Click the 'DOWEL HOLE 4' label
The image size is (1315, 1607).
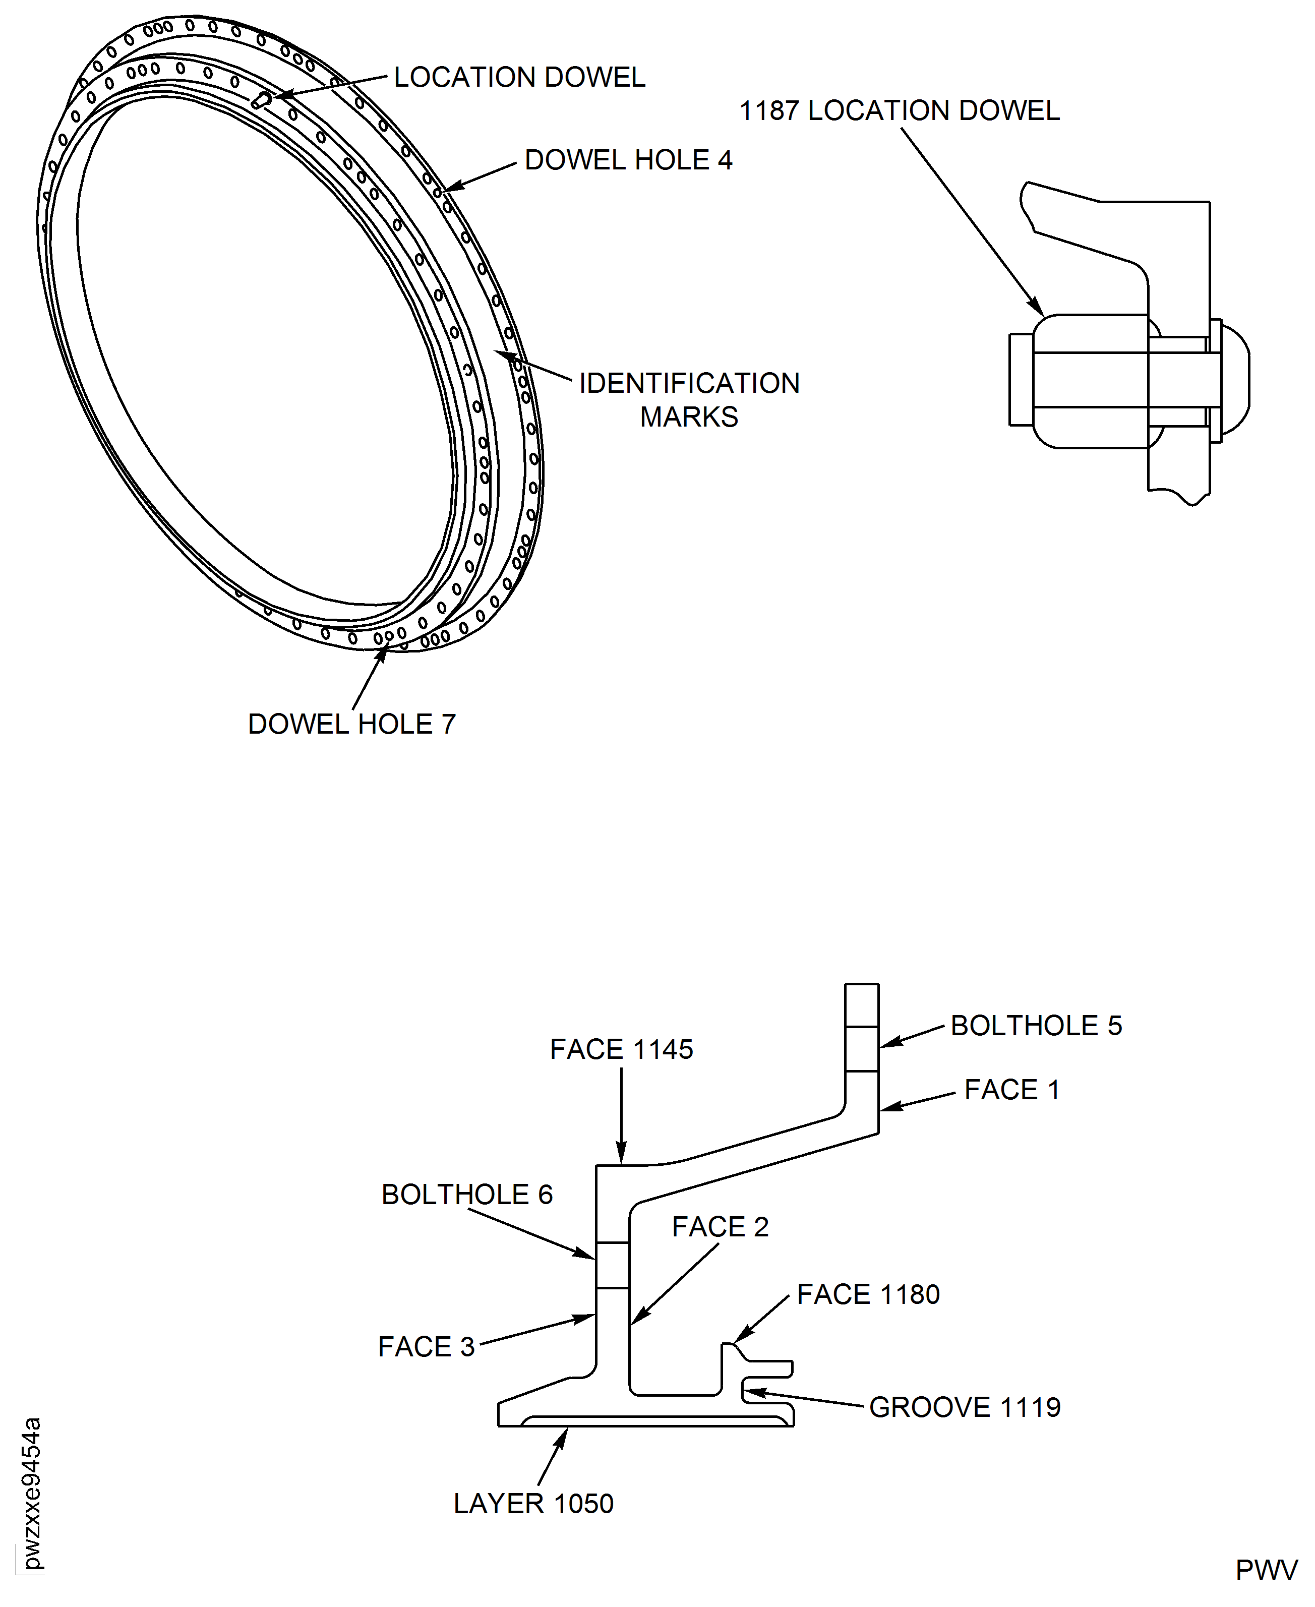(628, 160)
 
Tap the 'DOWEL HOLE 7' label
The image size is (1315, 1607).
(351, 725)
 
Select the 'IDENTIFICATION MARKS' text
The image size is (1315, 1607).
(689, 400)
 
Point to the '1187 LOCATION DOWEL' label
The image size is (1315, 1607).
(899, 111)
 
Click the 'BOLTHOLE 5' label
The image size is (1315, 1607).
(1036, 1026)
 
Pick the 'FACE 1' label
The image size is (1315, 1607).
(1011, 1091)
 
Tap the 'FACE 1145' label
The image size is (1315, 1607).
(621, 1050)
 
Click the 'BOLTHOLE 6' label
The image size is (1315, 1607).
(466, 1195)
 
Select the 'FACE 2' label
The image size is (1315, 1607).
(720, 1227)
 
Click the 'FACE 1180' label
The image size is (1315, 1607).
(868, 1295)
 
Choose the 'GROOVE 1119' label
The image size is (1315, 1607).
(964, 1408)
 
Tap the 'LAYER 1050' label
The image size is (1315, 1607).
(533, 1504)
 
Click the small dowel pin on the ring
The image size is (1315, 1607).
(261, 100)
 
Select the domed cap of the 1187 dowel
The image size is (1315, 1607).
(1235, 379)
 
